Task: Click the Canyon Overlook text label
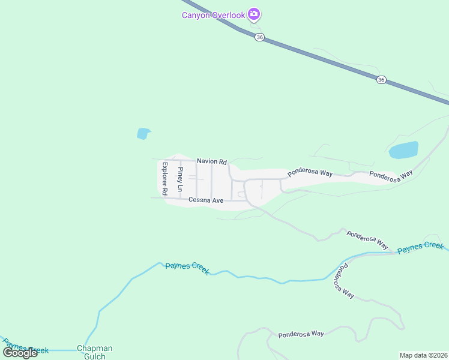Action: (214, 15)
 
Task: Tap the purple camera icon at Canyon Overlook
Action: (254, 14)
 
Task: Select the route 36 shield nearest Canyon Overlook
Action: (259, 37)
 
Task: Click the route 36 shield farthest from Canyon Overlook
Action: (381, 79)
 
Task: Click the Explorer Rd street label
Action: (163, 177)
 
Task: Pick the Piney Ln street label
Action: (180, 179)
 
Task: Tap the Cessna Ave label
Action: (205, 200)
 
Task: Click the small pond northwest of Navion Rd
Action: (143, 133)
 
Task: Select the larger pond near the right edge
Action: (403, 150)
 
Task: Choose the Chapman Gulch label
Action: (94, 352)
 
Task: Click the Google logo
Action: (20, 352)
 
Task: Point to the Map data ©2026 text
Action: (424, 355)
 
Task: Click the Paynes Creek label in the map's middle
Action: (187, 268)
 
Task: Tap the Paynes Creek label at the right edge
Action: (420, 247)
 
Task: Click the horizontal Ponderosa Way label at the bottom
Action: (301, 334)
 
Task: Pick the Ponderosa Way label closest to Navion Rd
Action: (310, 173)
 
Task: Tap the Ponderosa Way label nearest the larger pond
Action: (391, 175)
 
